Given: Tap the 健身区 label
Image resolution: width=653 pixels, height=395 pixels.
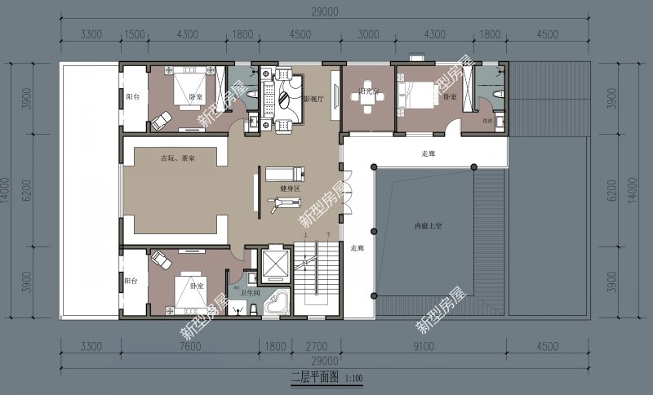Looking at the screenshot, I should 291,189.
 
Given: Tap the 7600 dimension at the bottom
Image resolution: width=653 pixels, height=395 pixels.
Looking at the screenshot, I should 189,346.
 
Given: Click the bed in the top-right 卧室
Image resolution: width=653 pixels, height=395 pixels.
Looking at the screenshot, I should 418,95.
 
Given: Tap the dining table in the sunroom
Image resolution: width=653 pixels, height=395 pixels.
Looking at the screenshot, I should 368,95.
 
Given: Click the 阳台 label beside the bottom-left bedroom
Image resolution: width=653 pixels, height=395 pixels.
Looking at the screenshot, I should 131,280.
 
